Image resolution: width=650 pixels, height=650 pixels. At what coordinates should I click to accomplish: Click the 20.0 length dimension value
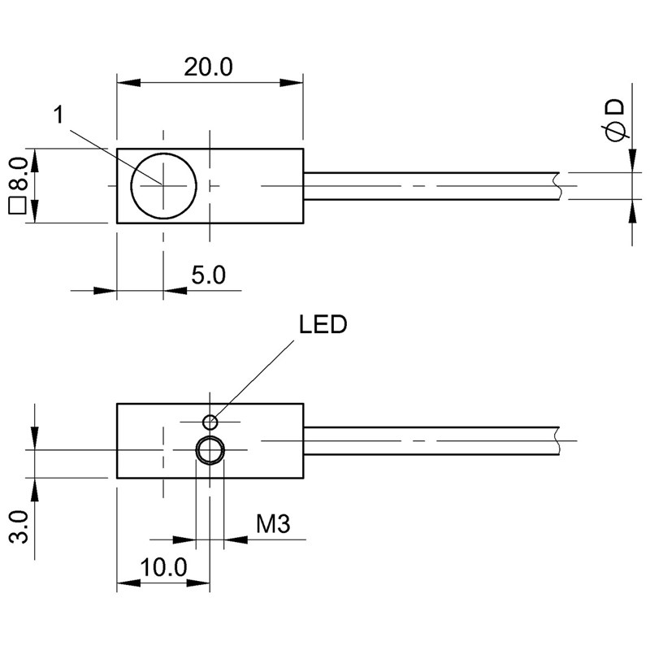point(208,67)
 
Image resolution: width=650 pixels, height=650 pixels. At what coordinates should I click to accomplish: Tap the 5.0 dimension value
point(209,275)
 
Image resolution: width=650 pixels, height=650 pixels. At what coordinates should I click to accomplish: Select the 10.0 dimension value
point(164,567)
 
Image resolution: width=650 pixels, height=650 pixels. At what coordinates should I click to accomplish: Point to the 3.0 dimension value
point(19,526)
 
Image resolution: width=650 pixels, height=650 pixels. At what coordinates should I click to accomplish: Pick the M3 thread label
point(273,524)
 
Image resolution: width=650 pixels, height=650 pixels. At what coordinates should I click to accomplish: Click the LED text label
point(323,324)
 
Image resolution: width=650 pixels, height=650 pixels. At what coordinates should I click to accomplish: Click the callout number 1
point(59,115)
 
